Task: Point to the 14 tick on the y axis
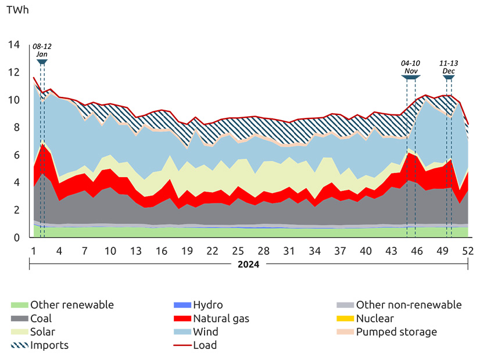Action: (x=14, y=45)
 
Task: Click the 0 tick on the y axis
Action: (x=17, y=237)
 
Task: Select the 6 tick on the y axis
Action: (x=17, y=155)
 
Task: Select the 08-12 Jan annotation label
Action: (x=41, y=50)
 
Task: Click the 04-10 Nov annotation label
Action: (x=410, y=67)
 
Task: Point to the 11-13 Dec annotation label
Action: (x=448, y=67)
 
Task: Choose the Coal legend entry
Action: (x=41, y=319)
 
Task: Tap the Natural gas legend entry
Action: (x=221, y=319)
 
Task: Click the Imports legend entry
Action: (x=49, y=345)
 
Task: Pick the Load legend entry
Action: (x=205, y=345)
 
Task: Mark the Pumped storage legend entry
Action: (x=396, y=332)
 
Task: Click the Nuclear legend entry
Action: (x=375, y=319)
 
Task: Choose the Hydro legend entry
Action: (x=207, y=305)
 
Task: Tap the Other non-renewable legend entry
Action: (x=409, y=305)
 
